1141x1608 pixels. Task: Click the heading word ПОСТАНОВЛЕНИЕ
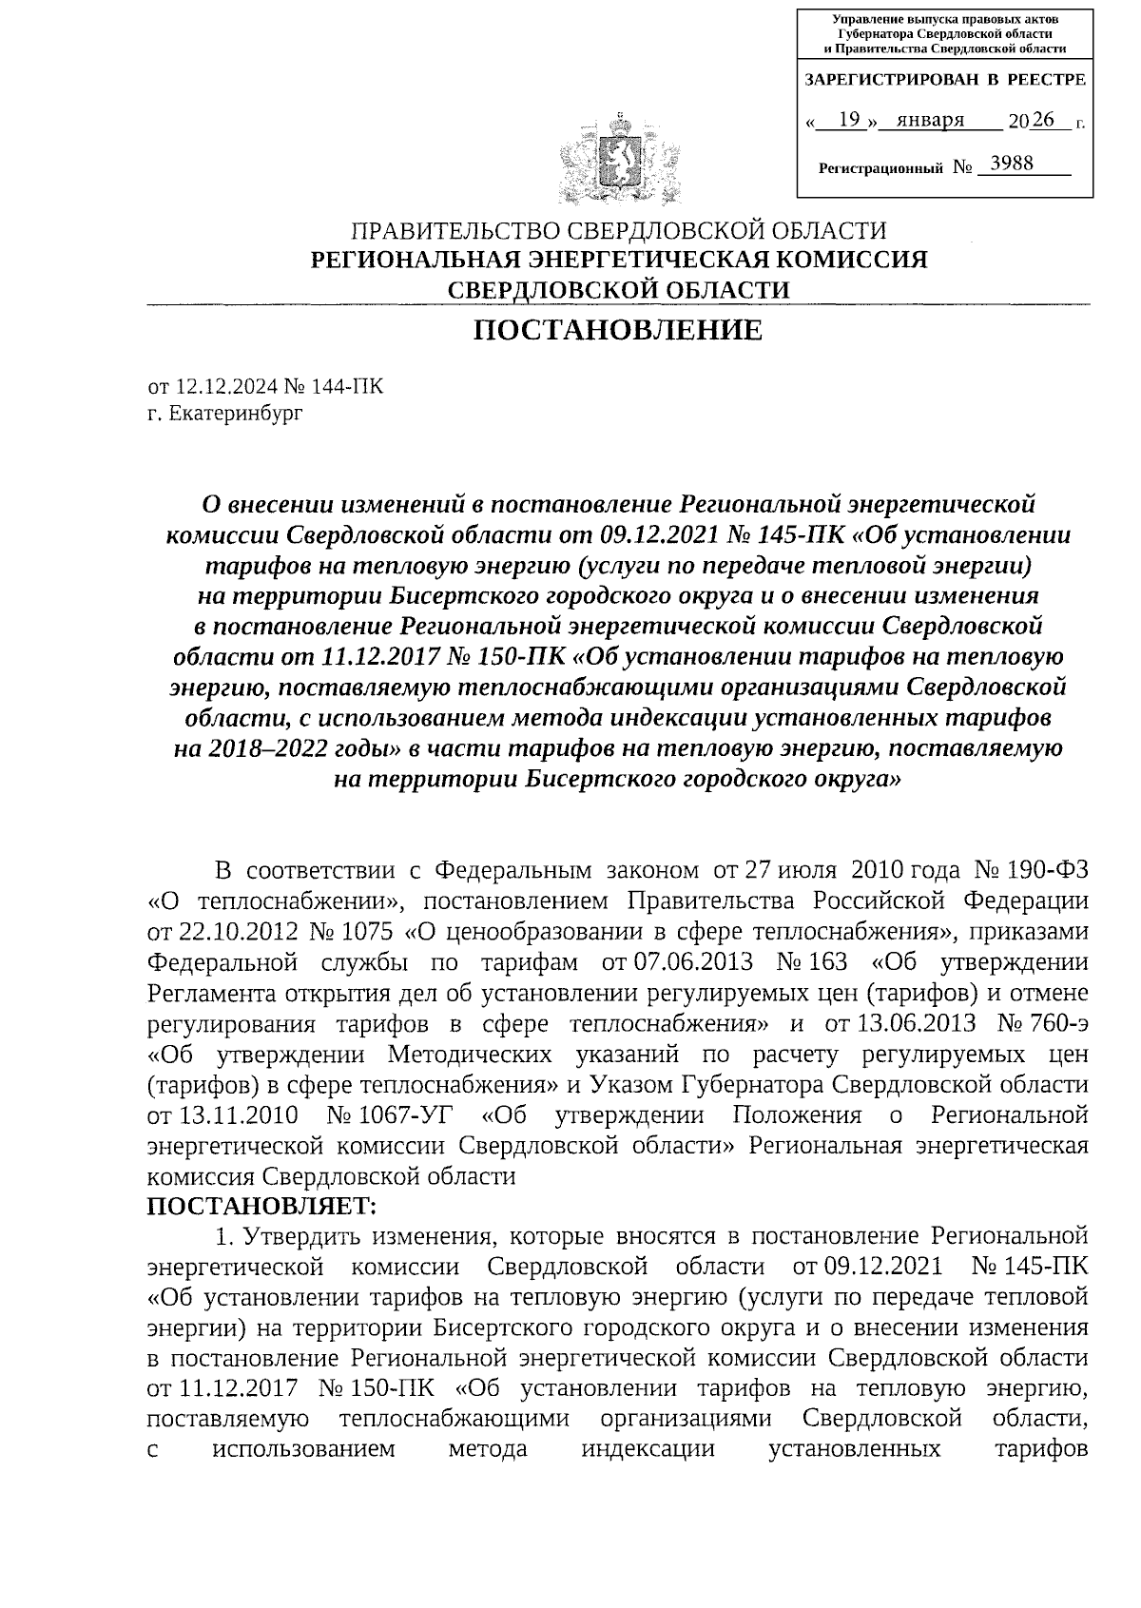point(618,330)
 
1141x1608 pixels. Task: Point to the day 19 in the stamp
point(850,120)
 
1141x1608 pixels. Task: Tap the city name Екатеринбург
point(237,414)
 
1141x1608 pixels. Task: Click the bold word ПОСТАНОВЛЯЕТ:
point(262,1206)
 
